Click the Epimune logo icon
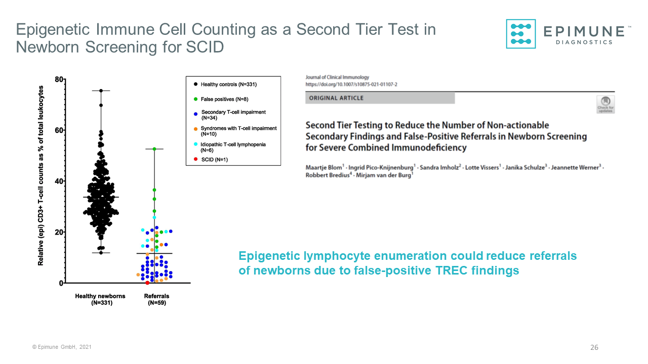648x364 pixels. click(521, 34)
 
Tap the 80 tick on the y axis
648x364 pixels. click(59, 79)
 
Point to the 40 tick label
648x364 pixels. click(59, 181)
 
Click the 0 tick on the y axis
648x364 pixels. click(61, 283)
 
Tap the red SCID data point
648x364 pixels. click(147, 283)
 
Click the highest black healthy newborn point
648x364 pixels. click(101, 90)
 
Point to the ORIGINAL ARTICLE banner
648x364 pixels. click(380, 98)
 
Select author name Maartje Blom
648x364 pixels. click(322, 167)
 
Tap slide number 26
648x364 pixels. click(594, 347)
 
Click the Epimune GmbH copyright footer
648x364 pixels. click(62, 347)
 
